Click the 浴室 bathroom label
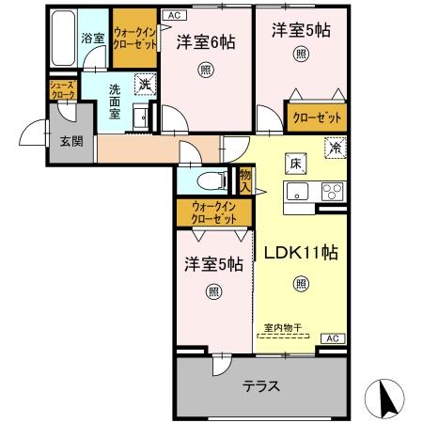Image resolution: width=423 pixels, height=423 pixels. click(x=92, y=39)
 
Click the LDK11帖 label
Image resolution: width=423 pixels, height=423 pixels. click(x=300, y=252)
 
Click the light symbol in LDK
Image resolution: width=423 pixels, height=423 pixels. click(x=300, y=282)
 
